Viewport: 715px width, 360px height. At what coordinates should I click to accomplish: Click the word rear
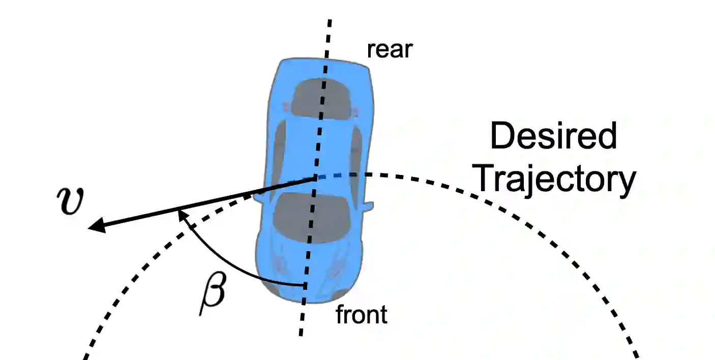click(390, 50)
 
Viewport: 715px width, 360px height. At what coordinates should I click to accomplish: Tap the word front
click(362, 315)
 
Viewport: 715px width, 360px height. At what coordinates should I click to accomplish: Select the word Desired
click(553, 137)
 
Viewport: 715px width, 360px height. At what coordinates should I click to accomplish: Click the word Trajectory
click(556, 180)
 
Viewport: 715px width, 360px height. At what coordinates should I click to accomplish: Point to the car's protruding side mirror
click(368, 205)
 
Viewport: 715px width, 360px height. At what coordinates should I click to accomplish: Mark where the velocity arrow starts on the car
click(316, 177)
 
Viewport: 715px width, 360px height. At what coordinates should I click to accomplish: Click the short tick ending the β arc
click(305, 285)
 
